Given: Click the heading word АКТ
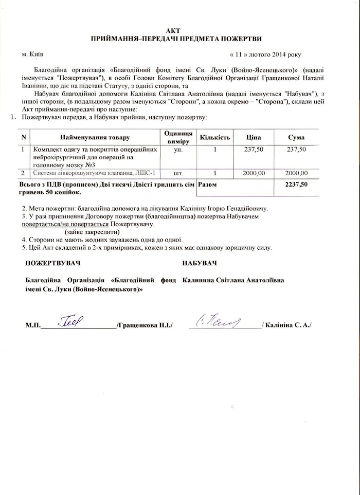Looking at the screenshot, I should tap(180, 30).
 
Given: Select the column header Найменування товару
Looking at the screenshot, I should tap(95, 138).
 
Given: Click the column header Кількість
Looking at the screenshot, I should tap(215, 138).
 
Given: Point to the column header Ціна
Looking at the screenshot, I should tap(253, 138).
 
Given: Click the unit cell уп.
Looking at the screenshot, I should tap(178, 149).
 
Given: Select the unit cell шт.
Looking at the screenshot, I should tap(178, 173).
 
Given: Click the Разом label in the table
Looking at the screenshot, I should tap(208, 184).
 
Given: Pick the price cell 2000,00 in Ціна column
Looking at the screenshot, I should tap(253, 173).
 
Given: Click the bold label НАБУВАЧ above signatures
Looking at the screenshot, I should tap(199, 263).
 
